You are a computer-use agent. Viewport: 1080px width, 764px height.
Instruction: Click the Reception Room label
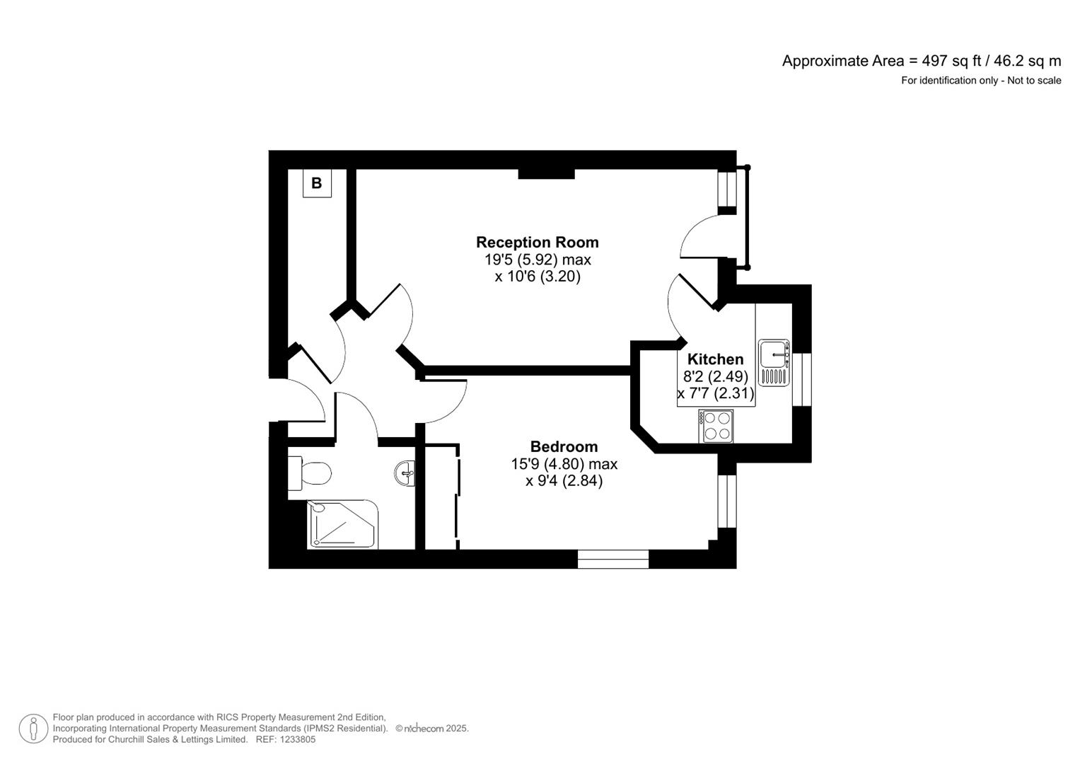537,242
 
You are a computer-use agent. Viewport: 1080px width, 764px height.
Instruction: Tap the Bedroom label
564,446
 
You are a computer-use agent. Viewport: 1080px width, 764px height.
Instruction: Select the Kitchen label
716,359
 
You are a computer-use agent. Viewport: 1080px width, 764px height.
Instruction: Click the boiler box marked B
318,183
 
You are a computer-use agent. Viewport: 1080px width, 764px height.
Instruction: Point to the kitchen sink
774,363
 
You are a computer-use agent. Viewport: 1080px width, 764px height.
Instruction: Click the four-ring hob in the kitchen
716,427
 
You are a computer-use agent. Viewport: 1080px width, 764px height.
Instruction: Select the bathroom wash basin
405,473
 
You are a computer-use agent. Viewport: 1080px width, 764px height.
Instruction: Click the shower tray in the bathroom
342,524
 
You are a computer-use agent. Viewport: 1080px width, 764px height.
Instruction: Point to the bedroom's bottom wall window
613,559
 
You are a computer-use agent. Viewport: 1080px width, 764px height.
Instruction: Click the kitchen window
802,380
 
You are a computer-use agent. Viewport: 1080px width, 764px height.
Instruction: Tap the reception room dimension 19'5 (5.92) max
538,260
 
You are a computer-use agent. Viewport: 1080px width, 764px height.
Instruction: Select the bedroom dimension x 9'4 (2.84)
564,481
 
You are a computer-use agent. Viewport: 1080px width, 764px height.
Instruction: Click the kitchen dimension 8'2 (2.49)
716,376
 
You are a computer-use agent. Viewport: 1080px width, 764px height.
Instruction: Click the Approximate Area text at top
922,62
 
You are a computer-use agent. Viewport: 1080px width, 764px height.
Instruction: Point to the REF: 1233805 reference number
286,739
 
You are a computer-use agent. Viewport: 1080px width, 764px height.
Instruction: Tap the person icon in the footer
33,729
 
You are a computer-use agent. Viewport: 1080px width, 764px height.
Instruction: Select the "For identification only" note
949,81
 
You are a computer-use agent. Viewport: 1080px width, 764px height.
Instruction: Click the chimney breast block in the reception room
546,174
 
